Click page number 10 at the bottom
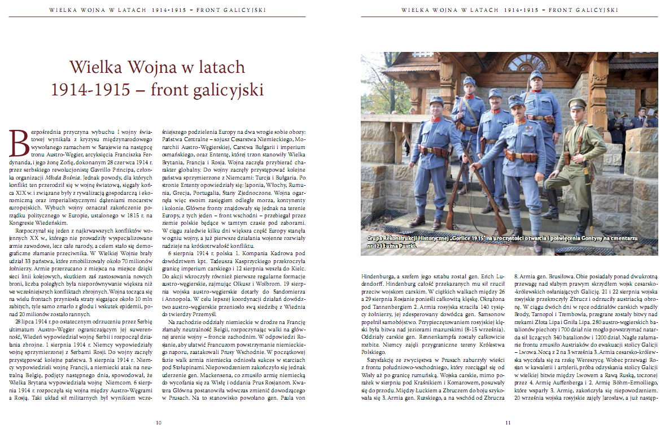(159, 422)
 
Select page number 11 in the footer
(508, 422)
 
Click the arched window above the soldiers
(525, 62)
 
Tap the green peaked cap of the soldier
(578, 104)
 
